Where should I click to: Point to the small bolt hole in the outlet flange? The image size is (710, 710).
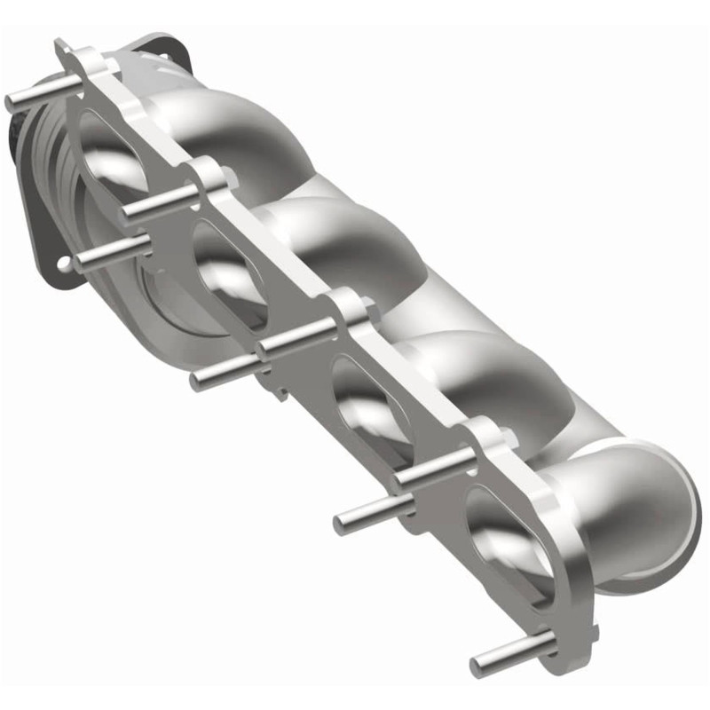click(64, 264)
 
